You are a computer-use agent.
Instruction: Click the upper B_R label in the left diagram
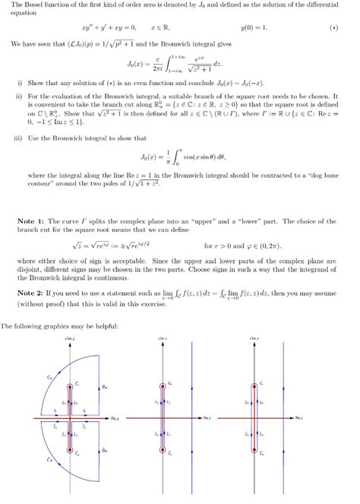click(x=104, y=387)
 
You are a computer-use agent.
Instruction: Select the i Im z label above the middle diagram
click(x=163, y=338)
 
